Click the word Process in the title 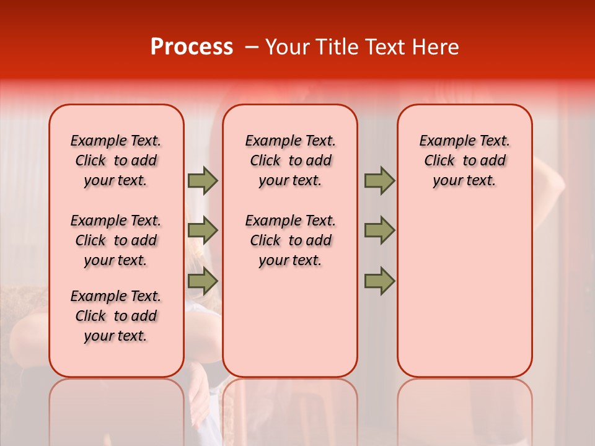[x=191, y=47]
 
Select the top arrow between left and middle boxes [x=203, y=180]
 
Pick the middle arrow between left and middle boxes [x=203, y=230]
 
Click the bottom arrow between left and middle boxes [x=203, y=281]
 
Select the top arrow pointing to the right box [x=379, y=180]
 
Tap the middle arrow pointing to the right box [x=379, y=230]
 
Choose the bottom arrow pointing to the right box [x=379, y=281]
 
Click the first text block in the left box [x=116, y=160]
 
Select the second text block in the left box [x=116, y=240]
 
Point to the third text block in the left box [x=116, y=316]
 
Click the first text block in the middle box [x=290, y=160]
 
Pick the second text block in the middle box [x=290, y=240]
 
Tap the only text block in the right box [x=464, y=160]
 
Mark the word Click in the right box [x=439, y=161]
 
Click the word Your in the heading [x=286, y=47]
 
